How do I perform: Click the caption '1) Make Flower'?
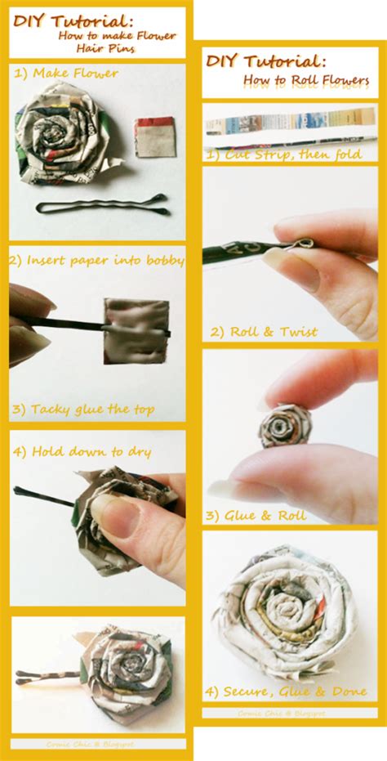pos(66,74)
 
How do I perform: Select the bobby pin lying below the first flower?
pos(102,204)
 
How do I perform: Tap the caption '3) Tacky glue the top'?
pos(92,409)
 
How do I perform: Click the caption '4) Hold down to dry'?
pos(81,451)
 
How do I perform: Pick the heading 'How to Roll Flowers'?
pos(306,81)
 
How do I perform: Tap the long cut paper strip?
pos(290,124)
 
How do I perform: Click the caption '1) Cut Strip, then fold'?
pos(283,153)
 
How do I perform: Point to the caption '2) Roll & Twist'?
pos(264,332)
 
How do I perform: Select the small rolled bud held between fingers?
pos(285,425)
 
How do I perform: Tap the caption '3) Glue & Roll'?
pos(256,516)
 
